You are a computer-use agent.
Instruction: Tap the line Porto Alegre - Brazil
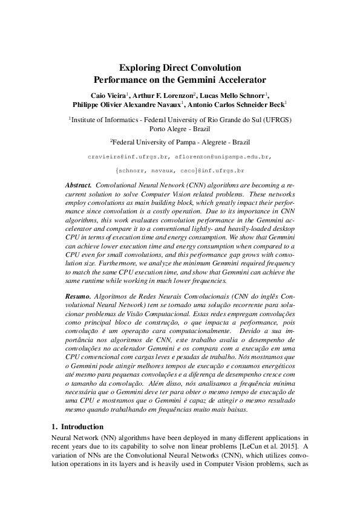(180, 128)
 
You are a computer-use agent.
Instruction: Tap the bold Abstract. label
(78, 183)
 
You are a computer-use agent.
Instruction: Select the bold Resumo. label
(79, 297)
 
